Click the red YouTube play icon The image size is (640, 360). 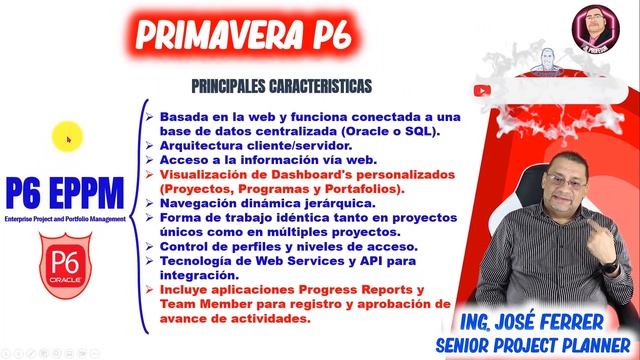486,89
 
